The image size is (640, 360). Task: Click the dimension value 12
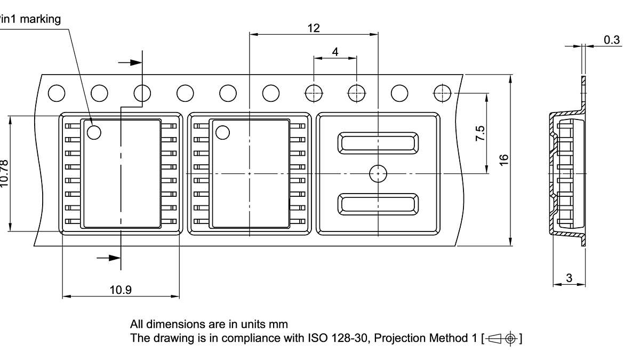[314, 28]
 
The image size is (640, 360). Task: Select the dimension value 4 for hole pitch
[335, 52]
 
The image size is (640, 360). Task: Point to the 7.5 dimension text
[480, 133]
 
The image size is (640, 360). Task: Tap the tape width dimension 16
[504, 159]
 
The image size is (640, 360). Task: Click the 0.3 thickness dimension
[612, 39]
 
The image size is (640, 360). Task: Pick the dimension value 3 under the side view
[569, 278]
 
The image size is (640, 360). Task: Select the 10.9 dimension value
[121, 290]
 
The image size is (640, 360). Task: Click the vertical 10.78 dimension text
[4, 174]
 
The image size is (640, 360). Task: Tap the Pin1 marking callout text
[30, 19]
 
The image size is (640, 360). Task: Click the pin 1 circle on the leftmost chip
[94, 132]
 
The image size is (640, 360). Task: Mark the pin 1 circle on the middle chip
[222, 132]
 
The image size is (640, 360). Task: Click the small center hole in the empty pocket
[378, 173]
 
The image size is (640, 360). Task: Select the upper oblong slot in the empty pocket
[378, 142]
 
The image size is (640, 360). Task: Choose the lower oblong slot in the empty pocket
[378, 204]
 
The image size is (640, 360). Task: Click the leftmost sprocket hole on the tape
[57, 93]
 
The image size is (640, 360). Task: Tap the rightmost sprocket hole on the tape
[442, 93]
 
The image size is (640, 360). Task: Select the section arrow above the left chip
[130, 62]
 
